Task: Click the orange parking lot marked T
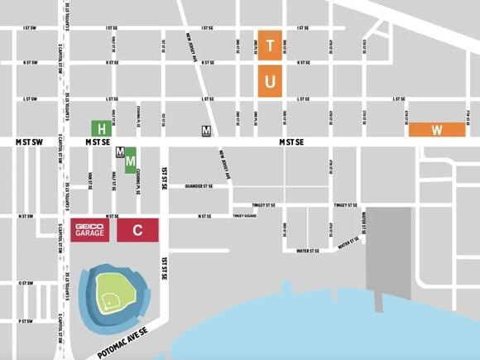coord(271,43)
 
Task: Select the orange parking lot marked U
coord(271,81)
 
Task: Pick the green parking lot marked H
coord(102,129)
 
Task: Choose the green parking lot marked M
coord(130,161)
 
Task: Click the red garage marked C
coord(138,230)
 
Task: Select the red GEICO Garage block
coord(89,230)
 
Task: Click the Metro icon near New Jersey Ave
coord(206,129)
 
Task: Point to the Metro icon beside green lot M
coord(120,152)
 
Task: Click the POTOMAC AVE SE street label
coord(122,338)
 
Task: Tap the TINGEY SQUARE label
coord(245,216)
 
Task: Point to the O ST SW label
coord(26,283)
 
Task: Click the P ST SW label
coord(26,320)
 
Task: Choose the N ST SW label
coord(26,217)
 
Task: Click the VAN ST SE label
coord(89,180)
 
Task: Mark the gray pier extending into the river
coord(388,248)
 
